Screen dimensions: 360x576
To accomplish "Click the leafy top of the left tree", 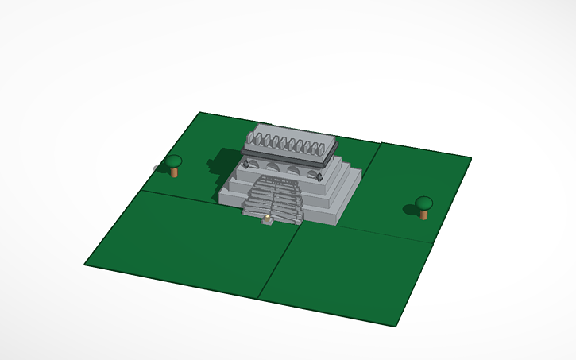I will pyautogui.click(x=174, y=161).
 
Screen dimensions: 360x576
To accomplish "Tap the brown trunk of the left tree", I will pyautogui.click(x=175, y=172).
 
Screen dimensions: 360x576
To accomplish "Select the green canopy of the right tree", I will pyautogui.click(x=424, y=202).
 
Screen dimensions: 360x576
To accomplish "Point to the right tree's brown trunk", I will pyautogui.click(x=423, y=214).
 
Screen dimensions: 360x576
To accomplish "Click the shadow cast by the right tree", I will pyautogui.click(x=410, y=210).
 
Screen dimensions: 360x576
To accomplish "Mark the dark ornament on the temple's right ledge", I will pyautogui.click(x=318, y=176).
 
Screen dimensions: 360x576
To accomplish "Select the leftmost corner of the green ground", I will pyautogui.click(x=85, y=265).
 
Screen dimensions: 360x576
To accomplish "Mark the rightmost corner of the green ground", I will pyautogui.click(x=470, y=158).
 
